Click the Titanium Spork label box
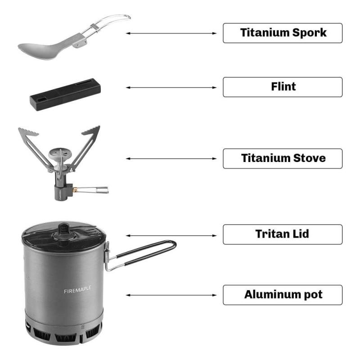283,33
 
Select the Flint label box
283,87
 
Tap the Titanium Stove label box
283,158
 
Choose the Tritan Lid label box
283,234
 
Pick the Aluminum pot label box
283,295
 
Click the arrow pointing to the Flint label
171,87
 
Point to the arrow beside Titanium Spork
171,33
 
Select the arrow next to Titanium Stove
171,158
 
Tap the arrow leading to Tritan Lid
171,235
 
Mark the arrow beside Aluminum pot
171,295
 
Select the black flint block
65,94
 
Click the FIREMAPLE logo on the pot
77,290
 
